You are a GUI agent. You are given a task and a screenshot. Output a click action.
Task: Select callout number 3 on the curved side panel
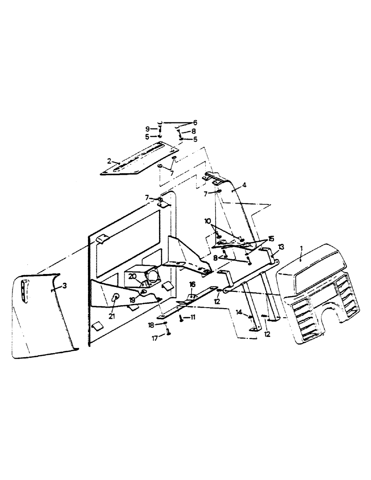(64, 286)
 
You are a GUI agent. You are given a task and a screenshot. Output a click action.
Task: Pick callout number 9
(148, 129)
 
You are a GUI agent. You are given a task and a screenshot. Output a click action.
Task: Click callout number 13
(281, 247)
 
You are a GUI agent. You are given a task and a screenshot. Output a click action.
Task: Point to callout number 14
(238, 312)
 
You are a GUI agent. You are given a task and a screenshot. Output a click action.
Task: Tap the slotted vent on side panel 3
(25, 292)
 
